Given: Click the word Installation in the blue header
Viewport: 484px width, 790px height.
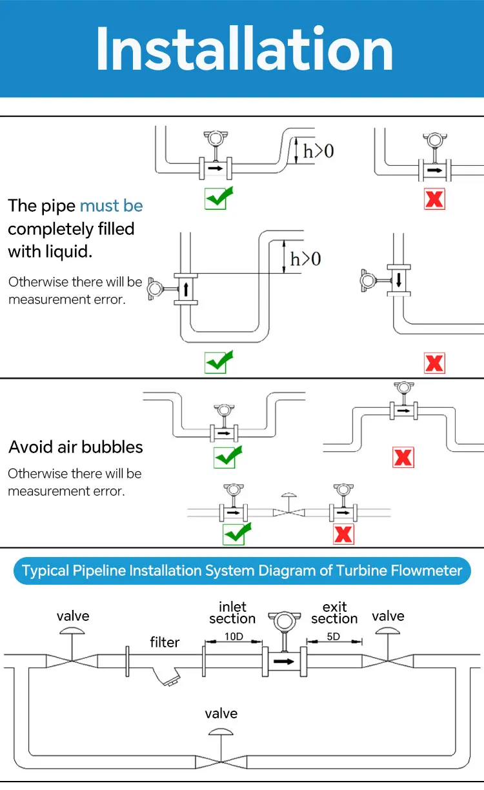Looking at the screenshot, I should (244, 50).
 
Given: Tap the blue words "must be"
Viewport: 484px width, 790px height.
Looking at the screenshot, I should (111, 206).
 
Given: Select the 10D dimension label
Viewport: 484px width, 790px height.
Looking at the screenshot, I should (233, 636).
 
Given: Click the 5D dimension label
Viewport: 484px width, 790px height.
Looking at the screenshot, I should (334, 636).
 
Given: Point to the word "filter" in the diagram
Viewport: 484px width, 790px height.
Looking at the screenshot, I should (165, 642).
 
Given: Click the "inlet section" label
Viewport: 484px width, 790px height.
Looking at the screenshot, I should (232, 613).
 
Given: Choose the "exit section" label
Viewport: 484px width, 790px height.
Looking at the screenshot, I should (334, 613).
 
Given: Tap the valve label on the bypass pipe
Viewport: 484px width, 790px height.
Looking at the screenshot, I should (221, 713).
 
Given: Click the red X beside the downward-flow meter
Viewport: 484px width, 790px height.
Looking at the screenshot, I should (434, 363).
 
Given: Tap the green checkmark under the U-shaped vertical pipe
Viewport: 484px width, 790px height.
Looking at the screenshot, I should (218, 362).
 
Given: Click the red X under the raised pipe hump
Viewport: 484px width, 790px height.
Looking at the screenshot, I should (403, 458).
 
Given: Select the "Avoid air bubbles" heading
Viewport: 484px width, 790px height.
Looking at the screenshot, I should (76, 447).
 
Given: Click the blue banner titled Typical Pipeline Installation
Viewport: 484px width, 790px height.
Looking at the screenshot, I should (242, 571).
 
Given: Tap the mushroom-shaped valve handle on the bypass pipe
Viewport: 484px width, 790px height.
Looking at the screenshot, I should (221, 733).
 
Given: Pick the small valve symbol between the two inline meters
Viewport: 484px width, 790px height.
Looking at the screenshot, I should (288, 510).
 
